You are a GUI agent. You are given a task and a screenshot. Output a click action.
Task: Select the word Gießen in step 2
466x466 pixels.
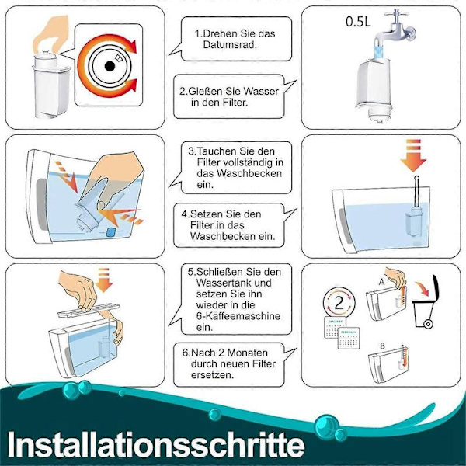(x=210, y=89)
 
